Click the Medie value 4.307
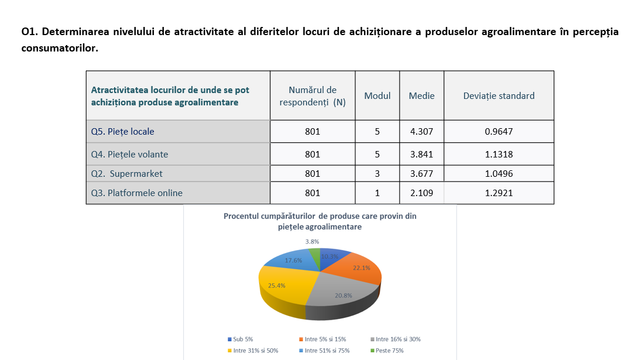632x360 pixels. click(421, 132)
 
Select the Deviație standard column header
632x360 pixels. click(499, 96)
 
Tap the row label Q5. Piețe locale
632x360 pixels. click(123, 132)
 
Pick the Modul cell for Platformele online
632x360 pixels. click(377, 193)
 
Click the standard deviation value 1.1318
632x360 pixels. click(499, 155)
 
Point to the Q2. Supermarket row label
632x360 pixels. click(127, 174)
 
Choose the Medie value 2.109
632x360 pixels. click(421, 193)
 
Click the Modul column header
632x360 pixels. click(377, 96)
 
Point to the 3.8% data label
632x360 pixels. click(312, 241)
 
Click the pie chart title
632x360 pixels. click(320, 221)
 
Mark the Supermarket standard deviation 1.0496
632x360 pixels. click(499, 174)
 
